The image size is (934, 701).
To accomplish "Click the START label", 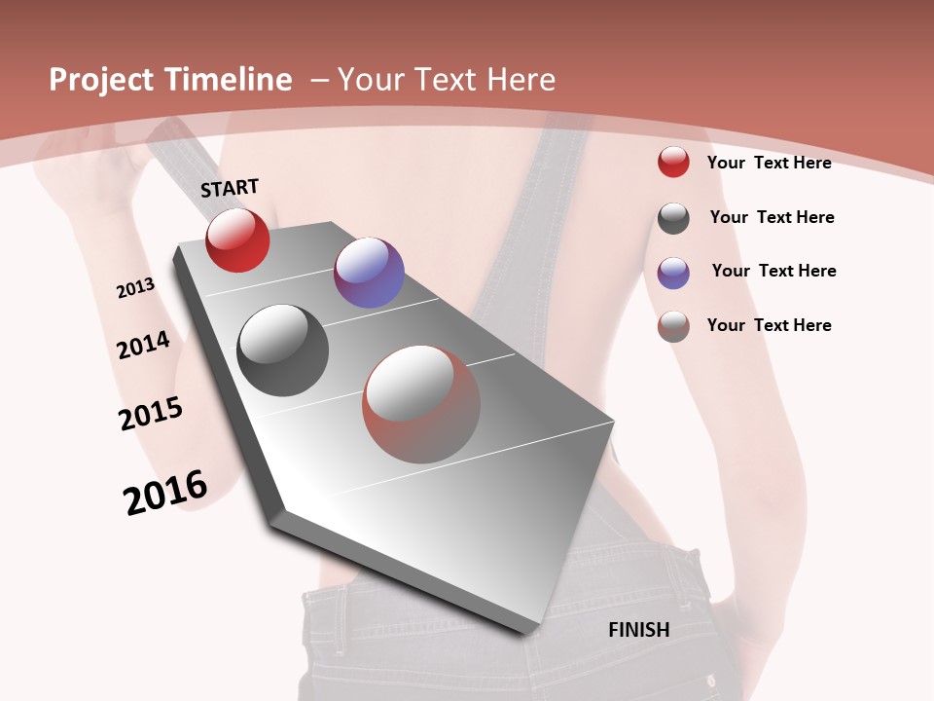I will (x=230, y=188).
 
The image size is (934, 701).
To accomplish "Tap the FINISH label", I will (x=639, y=630).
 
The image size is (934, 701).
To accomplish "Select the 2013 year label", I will (x=135, y=288).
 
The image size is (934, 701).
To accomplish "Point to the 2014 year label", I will (x=143, y=345).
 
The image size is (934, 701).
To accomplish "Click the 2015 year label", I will (x=151, y=413).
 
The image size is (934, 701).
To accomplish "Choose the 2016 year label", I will (x=165, y=492).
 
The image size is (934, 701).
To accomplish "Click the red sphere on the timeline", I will (x=237, y=240).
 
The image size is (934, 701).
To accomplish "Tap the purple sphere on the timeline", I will (x=369, y=273).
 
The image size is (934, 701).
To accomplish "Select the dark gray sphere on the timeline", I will (x=283, y=350).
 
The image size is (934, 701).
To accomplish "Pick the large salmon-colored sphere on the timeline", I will (x=421, y=404).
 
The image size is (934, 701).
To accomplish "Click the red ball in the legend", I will (x=673, y=163).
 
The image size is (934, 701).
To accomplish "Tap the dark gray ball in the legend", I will (x=673, y=218).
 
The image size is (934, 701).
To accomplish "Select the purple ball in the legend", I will (x=673, y=273).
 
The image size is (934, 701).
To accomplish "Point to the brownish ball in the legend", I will (x=673, y=326).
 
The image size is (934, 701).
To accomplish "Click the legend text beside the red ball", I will (x=769, y=163).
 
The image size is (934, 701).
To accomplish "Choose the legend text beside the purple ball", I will (x=773, y=271).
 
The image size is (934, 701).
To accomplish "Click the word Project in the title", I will (x=101, y=80).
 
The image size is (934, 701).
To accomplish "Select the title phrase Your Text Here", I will (x=447, y=80).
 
